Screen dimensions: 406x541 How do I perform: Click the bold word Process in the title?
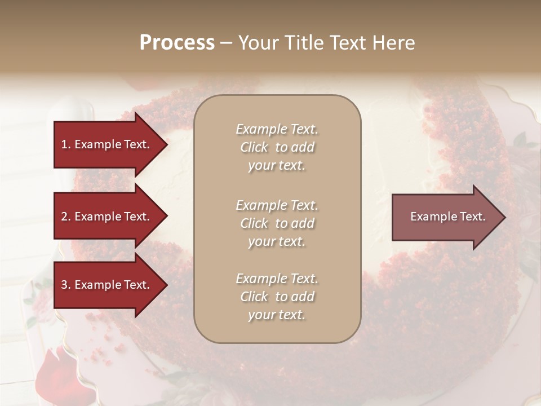click(x=177, y=43)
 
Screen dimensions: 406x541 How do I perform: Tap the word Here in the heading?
click(x=394, y=43)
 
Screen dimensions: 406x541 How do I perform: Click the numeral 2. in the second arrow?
click(x=66, y=217)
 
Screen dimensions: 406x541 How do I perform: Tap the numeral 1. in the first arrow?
click(x=66, y=144)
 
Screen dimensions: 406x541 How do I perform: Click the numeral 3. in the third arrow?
click(x=66, y=285)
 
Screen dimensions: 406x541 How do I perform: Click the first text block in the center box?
click(x=277, y=147)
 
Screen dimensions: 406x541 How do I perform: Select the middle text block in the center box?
click(x=277, y=223)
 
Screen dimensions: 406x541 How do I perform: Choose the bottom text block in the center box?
click(x=277, y=297)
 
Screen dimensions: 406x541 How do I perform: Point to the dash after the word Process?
click(x=227, y=43)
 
